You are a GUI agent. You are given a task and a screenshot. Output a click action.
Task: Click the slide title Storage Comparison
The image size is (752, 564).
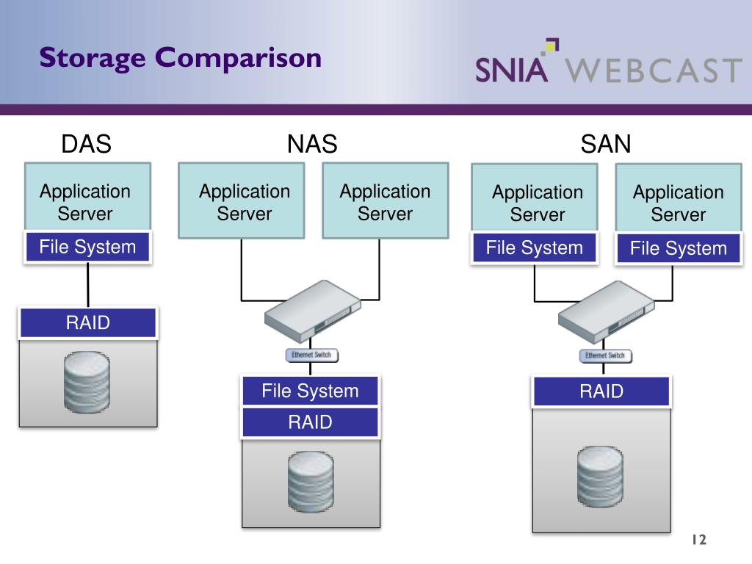click(x=181, y=57)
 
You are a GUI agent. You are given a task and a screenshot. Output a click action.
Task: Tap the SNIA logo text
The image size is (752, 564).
click(x=512, y=68)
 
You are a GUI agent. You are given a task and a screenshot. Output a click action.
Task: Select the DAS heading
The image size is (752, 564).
click(x=86, y=144)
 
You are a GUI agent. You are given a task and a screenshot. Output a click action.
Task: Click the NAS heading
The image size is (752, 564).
click(x=312, y=144)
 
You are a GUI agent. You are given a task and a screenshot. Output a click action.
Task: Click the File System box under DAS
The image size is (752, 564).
click(x=87, y=247)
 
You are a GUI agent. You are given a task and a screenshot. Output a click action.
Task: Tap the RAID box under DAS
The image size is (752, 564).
click(x=87, y=322)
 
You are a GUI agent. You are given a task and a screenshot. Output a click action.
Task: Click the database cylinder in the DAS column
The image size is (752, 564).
click(x=87, y=383)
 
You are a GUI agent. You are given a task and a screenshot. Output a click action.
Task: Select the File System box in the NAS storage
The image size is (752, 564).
click(x=310, y=391)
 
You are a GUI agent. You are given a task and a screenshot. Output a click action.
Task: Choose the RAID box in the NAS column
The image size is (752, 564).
click(x=310, y=422)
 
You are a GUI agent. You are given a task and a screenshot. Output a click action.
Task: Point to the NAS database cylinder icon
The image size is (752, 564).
click(x=311, y=482)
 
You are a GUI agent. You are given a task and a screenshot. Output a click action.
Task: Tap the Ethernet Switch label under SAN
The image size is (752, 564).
click(x=604, y=355)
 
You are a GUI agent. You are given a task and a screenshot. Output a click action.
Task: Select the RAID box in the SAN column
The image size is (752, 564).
click(x=601, y=391)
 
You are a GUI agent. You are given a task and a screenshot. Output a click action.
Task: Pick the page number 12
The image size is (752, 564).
click(x=698, y=540)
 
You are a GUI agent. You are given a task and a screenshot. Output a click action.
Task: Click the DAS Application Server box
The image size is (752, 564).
click(x=87, y=197)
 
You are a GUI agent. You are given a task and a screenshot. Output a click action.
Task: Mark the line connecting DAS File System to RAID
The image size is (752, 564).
click(x=88, y=284)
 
